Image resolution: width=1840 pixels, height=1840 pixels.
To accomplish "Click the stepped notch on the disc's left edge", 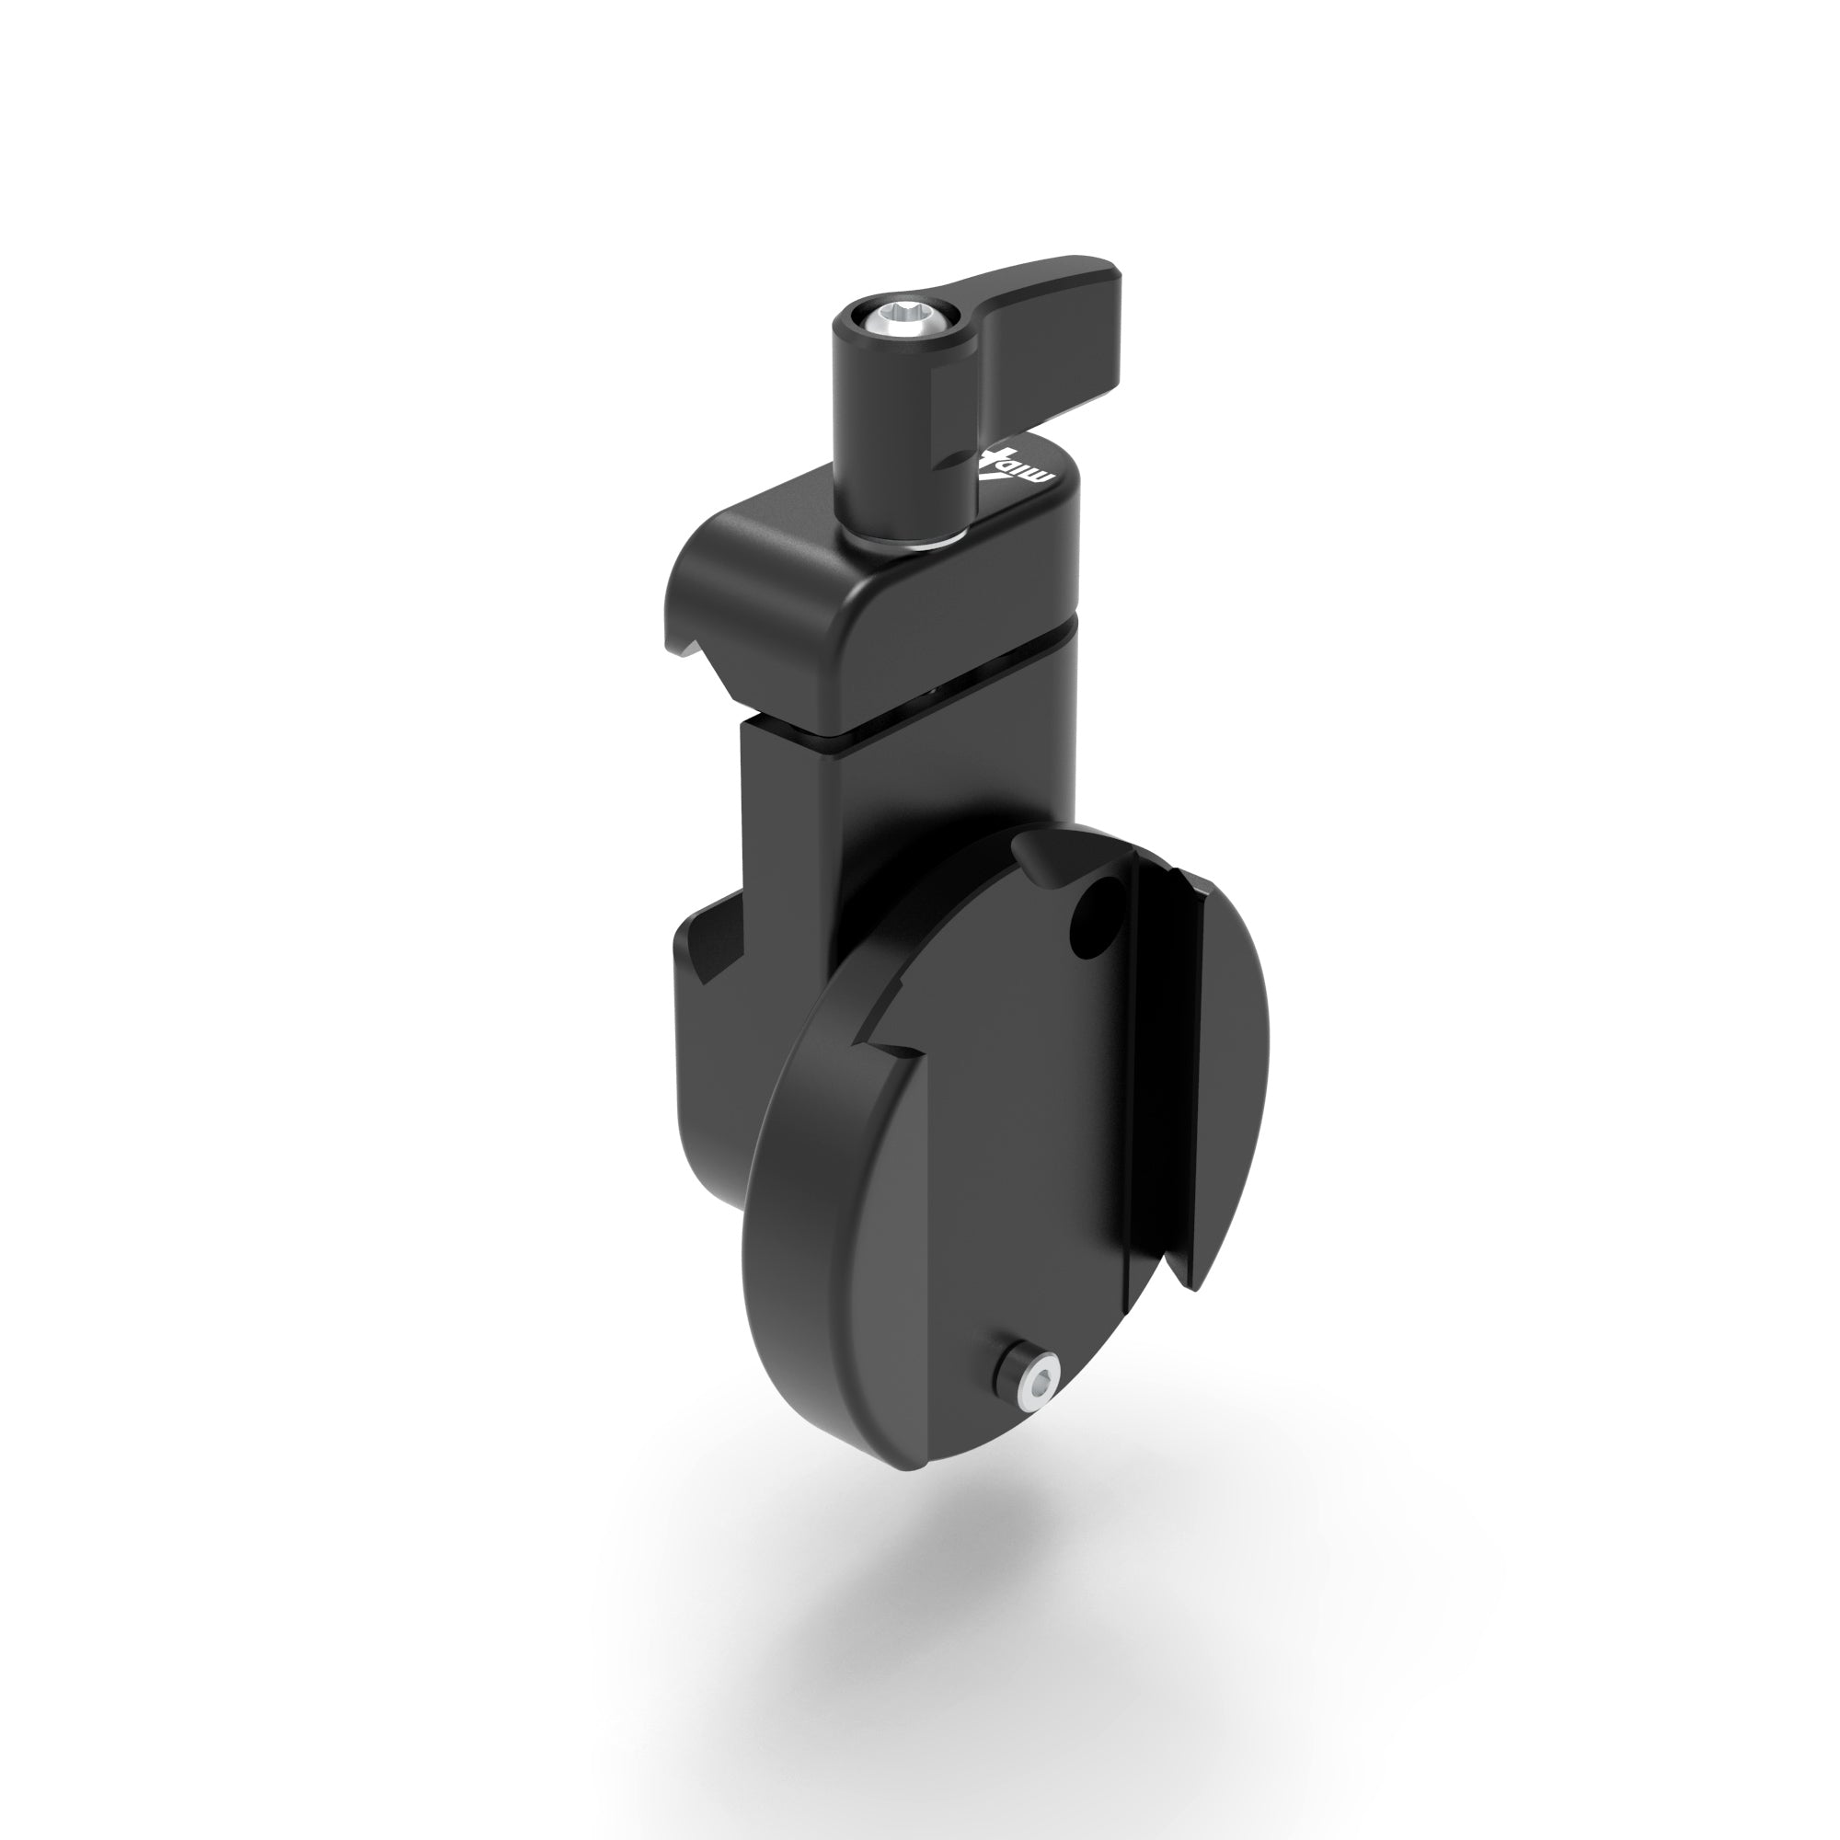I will [x=891, y=1048].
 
